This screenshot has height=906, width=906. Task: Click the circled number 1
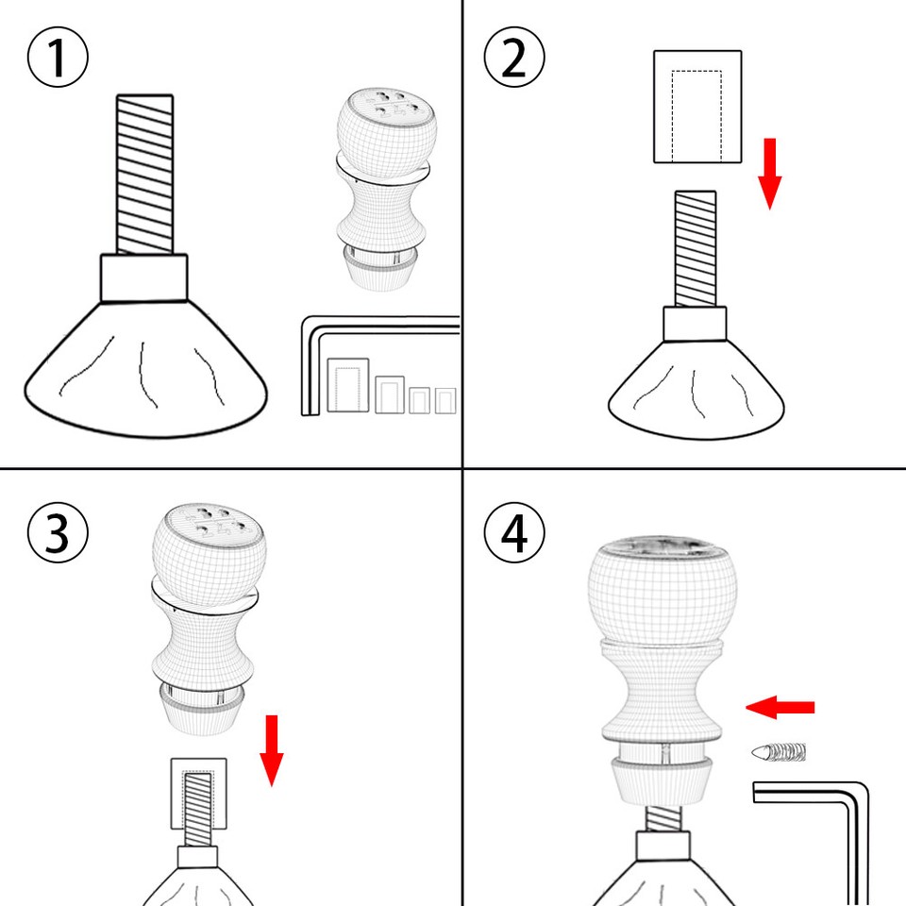[58, 58]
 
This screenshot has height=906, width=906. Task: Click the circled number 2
[514, 58]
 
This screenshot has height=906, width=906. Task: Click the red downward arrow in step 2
[770, 173]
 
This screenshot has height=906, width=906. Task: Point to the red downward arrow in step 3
[272, 750]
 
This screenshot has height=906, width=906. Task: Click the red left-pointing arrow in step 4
[780, 707]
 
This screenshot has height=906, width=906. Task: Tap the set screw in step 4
[780, 752]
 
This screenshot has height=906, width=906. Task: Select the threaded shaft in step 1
[144, 175]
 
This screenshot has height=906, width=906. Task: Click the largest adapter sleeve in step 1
[346, 385]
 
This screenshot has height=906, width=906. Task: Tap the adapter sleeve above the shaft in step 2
[697, 107]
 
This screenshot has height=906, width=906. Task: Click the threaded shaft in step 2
[695, 248]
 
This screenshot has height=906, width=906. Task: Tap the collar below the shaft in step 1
[144, 277]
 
